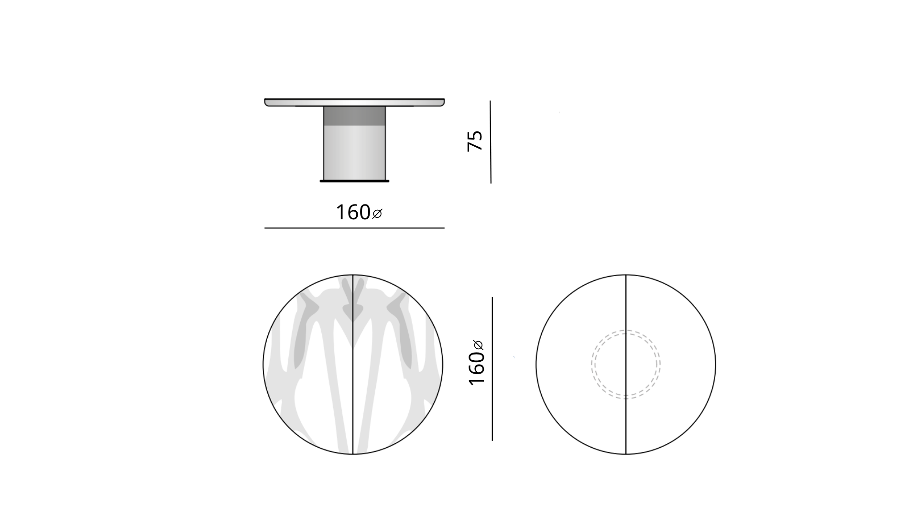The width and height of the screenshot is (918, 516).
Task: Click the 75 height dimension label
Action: pyautogui.click(x=475, y=141)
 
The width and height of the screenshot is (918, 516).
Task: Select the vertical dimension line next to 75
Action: pyautogui.click(x=491, y=142)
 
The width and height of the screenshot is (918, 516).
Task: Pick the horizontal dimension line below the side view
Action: pyautogui.click(x=354, y=228)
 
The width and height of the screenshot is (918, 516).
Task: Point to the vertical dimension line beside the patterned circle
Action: pyautogui.click(x=492, y=369)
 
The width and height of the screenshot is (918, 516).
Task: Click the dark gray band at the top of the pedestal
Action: pyautogui.click(x=354, y=116)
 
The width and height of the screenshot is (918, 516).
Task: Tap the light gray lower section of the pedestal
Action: pyautogui.click(x=354, y=153)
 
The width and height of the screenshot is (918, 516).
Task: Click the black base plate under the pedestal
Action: pyautogui.click(x=354, y=181)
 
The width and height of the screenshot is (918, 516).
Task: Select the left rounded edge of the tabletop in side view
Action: pyautogui.click(x=266, y=102)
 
